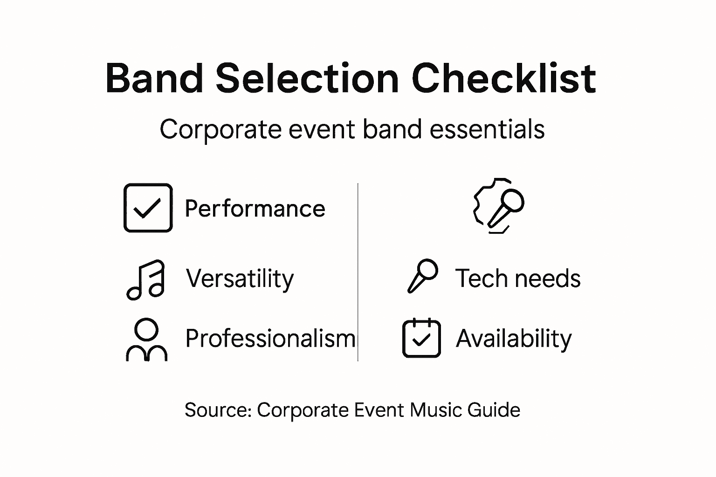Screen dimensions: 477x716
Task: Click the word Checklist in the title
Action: [503, 78]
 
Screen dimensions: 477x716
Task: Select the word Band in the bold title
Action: [154, 78]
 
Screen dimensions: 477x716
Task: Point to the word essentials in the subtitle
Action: [487, 129]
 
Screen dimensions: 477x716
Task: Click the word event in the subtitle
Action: [322, 129]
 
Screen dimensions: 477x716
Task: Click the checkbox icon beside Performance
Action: [148, 208]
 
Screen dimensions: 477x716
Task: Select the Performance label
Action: [255, 209]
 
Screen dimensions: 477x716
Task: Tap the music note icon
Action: [146, 279]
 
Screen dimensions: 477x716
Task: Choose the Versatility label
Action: [240, 279]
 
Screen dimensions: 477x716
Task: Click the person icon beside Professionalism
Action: [146, 340]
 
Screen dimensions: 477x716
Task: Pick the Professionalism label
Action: [270, 338]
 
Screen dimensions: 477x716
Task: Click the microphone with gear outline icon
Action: [498, 205]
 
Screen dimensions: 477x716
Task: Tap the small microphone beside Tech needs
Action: [423, 276]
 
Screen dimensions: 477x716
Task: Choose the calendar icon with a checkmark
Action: [421, 338]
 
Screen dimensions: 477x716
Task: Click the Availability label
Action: [513, 339]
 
